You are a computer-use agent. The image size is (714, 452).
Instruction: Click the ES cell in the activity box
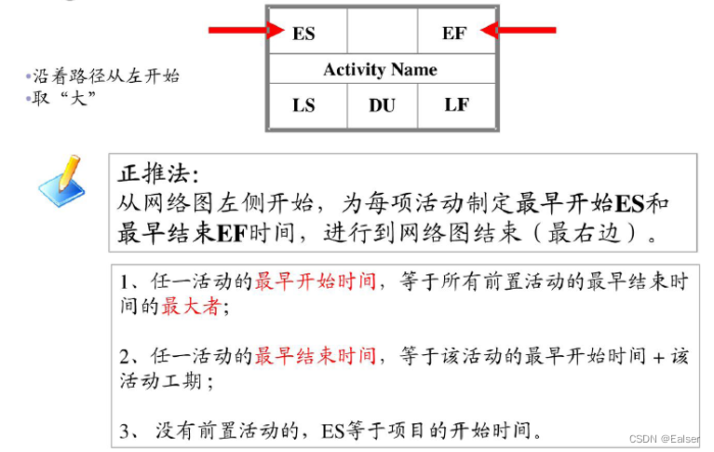tap(304, 34)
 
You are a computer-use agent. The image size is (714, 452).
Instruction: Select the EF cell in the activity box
tap(454, 34)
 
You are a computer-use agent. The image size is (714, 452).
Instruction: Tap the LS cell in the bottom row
tap(304, 104)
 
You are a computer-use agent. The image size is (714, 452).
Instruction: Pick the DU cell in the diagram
tap(382, 105)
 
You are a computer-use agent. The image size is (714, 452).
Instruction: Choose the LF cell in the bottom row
tap(456, 104)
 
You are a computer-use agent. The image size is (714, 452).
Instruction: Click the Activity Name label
tap(380, 69)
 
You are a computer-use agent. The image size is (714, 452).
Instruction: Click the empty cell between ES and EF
tap(382, 34)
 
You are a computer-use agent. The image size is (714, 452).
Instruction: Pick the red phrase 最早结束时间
tap(316, 356)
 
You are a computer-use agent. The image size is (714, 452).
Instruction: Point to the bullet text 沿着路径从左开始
tap(106, 76)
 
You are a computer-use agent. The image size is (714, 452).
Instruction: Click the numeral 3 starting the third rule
tap(127, 431)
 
